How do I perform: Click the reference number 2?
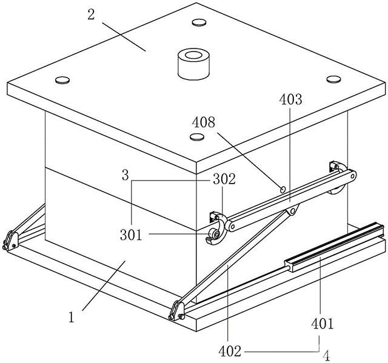click(x=91, y=15)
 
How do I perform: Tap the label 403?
click(x=291, y=99)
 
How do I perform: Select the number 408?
click(x=204, y=122)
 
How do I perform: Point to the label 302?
click(x=224, y=179)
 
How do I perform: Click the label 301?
click(x=132, y=235)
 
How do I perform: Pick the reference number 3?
click(x=125, y=175)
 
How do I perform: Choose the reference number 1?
click(x=72, y=318)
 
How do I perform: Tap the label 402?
click(x=230, y=351)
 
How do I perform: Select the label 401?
click(x=323, y=324)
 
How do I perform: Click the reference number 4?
click(x=327, y=356)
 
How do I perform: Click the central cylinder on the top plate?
click(x=194, y=64)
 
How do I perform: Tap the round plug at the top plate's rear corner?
click(x=199, y=22)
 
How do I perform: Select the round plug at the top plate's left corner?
click(x=62, y=80)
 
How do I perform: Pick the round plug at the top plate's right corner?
click(x=334, y=79)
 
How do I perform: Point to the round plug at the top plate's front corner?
click(x=197, y=137)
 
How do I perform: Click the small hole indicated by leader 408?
click(x=283, y=190)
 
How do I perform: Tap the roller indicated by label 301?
click(x=213, y=233)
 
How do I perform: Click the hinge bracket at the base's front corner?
click(x=176, y=310)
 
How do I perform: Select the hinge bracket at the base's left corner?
click(x=10, y=241)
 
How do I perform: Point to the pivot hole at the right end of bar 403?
click(x=352, y=176)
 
